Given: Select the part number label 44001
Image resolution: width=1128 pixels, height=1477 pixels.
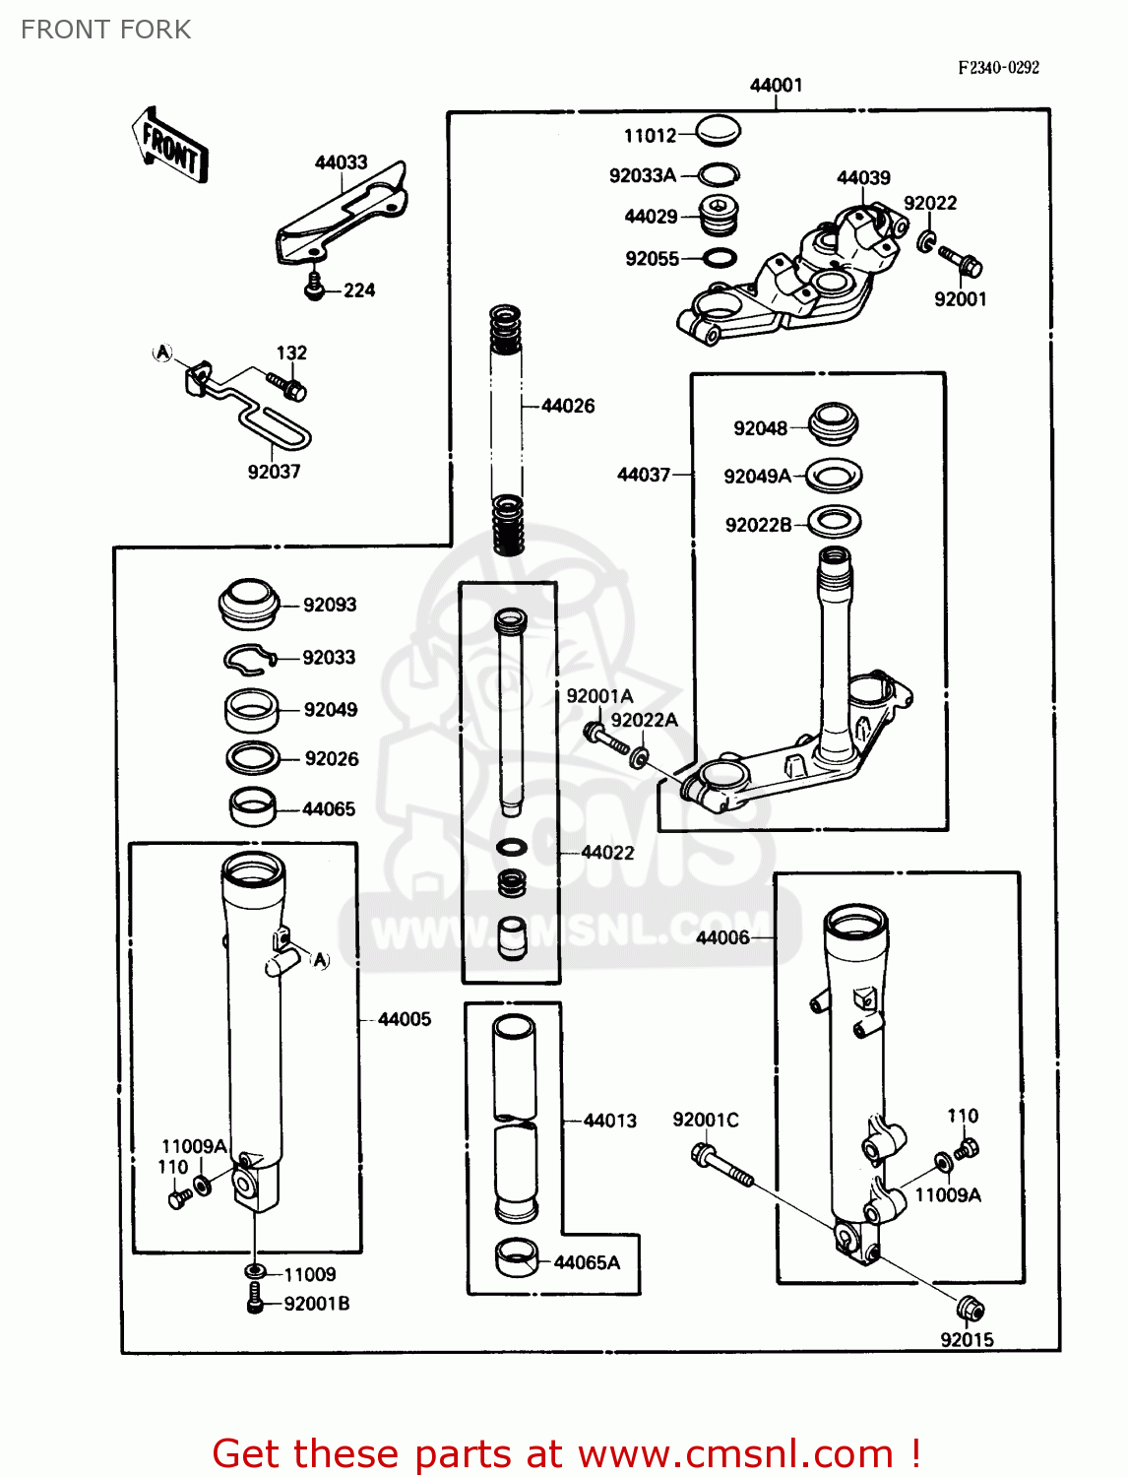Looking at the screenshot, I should tap(776, 86).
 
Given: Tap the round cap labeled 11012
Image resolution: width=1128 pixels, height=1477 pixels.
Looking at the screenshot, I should tap(718, 130).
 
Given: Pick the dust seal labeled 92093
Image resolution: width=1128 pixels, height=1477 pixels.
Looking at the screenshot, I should tap(249, 604).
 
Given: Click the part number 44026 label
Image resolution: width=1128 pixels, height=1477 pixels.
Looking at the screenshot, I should tap(568, 406).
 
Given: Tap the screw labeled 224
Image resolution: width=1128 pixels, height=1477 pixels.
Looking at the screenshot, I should tap(315, 288).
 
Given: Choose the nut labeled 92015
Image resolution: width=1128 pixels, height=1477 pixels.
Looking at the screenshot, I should tap(971, 1309).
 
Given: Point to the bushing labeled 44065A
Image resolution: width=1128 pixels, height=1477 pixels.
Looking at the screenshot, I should tap(517, 1257).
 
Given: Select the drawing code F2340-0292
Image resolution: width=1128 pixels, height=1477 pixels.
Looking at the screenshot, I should tap(998, 68).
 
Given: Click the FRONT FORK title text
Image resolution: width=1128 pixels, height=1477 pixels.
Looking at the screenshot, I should tap(106, 30).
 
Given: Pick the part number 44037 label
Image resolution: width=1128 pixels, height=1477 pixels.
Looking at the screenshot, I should tap(643, 475).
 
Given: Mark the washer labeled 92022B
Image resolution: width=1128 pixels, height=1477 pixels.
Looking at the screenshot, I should tap(835, 522).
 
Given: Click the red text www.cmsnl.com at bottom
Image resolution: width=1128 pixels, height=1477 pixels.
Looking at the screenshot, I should tap(735, 1454).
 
